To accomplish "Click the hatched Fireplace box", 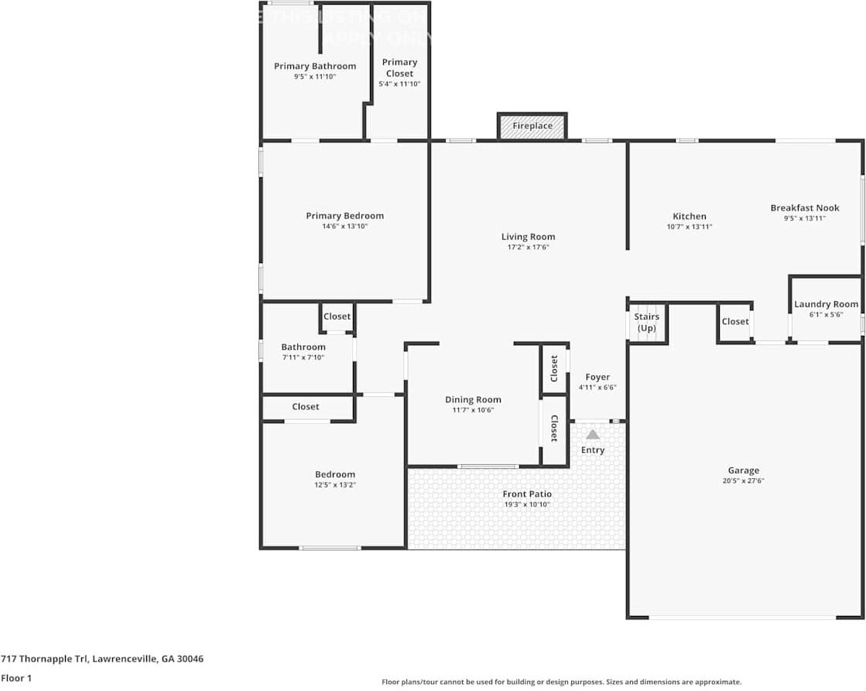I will [532, 126].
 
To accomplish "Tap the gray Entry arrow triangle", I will [593, 435].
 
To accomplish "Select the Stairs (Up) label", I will [646, 323].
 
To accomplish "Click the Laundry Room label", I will [826, 304].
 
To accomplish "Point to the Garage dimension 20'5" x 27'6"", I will [743, 481].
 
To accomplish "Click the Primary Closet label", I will [399, 67].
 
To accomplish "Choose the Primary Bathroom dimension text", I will [315, 77].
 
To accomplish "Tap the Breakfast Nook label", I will [804, 207].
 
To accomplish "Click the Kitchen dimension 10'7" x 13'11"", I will [689, 227].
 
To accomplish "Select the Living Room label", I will [528, 237].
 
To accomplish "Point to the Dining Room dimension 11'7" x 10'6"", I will [473, 410].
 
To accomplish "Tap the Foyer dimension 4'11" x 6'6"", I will [597, 388].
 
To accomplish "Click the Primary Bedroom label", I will [344, 216].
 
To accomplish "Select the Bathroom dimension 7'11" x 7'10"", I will [303, 357].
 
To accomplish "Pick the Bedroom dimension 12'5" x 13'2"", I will [334, 485].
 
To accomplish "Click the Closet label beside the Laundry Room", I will [734, 322].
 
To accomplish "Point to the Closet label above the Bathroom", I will [337, 316].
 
